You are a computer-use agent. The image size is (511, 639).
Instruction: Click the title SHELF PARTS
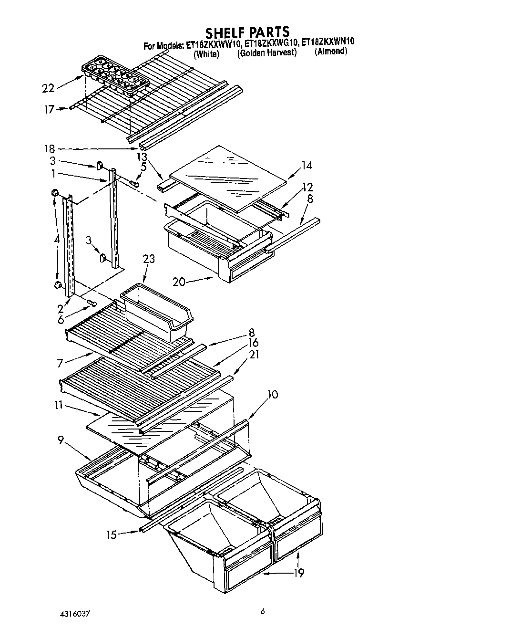pos(247,32)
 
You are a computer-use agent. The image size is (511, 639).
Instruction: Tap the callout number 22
pos(48,88)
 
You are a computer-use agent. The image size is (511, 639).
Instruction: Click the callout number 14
pos(307,166)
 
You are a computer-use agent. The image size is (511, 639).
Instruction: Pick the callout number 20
pos(179,282)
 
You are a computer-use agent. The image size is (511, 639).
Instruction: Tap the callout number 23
pos(149,259)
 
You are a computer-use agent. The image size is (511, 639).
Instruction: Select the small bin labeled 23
pos(157,310)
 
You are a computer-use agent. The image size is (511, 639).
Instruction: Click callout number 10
pos(273,395)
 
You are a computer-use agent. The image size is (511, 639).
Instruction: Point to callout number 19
pos(298,573)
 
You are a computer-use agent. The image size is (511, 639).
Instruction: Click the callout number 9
pos(61,440)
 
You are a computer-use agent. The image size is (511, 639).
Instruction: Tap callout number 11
pos(58,405)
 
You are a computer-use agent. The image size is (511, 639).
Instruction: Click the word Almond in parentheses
pos(330,52)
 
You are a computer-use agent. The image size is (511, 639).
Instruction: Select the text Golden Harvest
pos(267,53)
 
